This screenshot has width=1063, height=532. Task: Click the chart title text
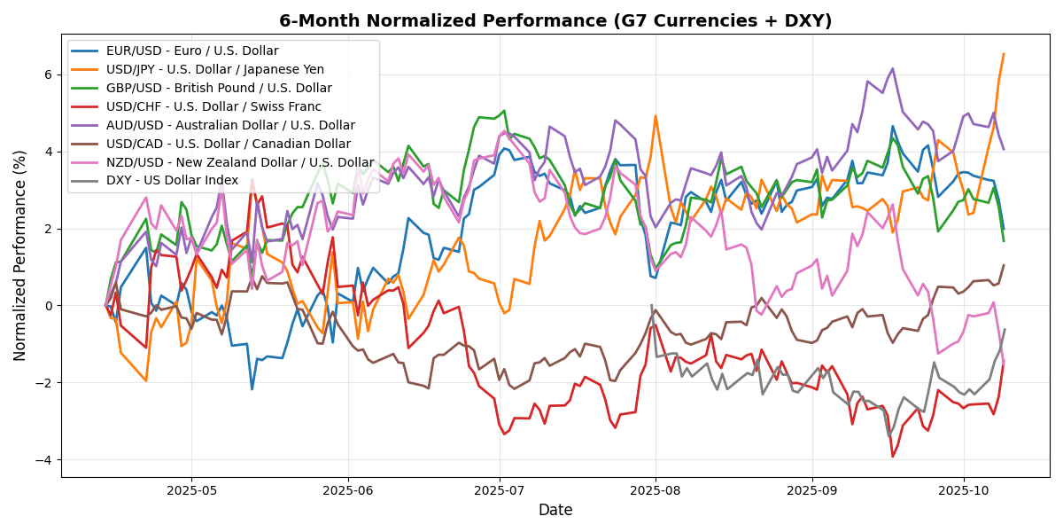coord(555,20)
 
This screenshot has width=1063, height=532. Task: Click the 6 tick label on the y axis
coord(50,75)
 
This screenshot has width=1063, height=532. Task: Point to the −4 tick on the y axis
coord(46,459)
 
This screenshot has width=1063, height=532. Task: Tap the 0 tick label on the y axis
coord(50,306)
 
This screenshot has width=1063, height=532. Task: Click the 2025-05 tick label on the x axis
coord(192,489)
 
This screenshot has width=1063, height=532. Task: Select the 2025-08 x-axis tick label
coord(656,489)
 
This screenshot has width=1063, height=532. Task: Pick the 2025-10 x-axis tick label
coord(963,489)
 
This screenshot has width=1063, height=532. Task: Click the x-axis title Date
coord(555,510)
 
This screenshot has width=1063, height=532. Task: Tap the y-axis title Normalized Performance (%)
coord(19,255)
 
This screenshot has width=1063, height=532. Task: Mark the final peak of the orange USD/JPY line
coord(1004,54)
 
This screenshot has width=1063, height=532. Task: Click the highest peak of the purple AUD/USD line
coord(892,68)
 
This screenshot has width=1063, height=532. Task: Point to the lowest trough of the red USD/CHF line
coord(893,457)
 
